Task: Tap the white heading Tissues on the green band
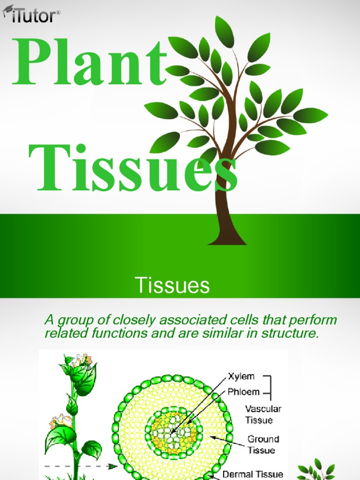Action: tap(172, 285)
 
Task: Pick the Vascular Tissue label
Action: tap(263, 414)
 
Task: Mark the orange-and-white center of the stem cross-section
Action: tap(173, 430)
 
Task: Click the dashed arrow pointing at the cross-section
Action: tap(80, 466)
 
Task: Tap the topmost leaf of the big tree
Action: tap(224, 31)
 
